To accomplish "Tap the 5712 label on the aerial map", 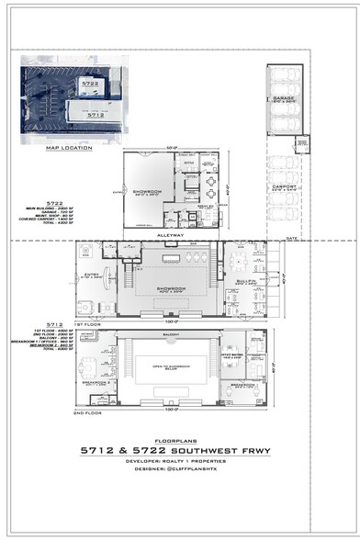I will pyautogui.click(x=94, y=116).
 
